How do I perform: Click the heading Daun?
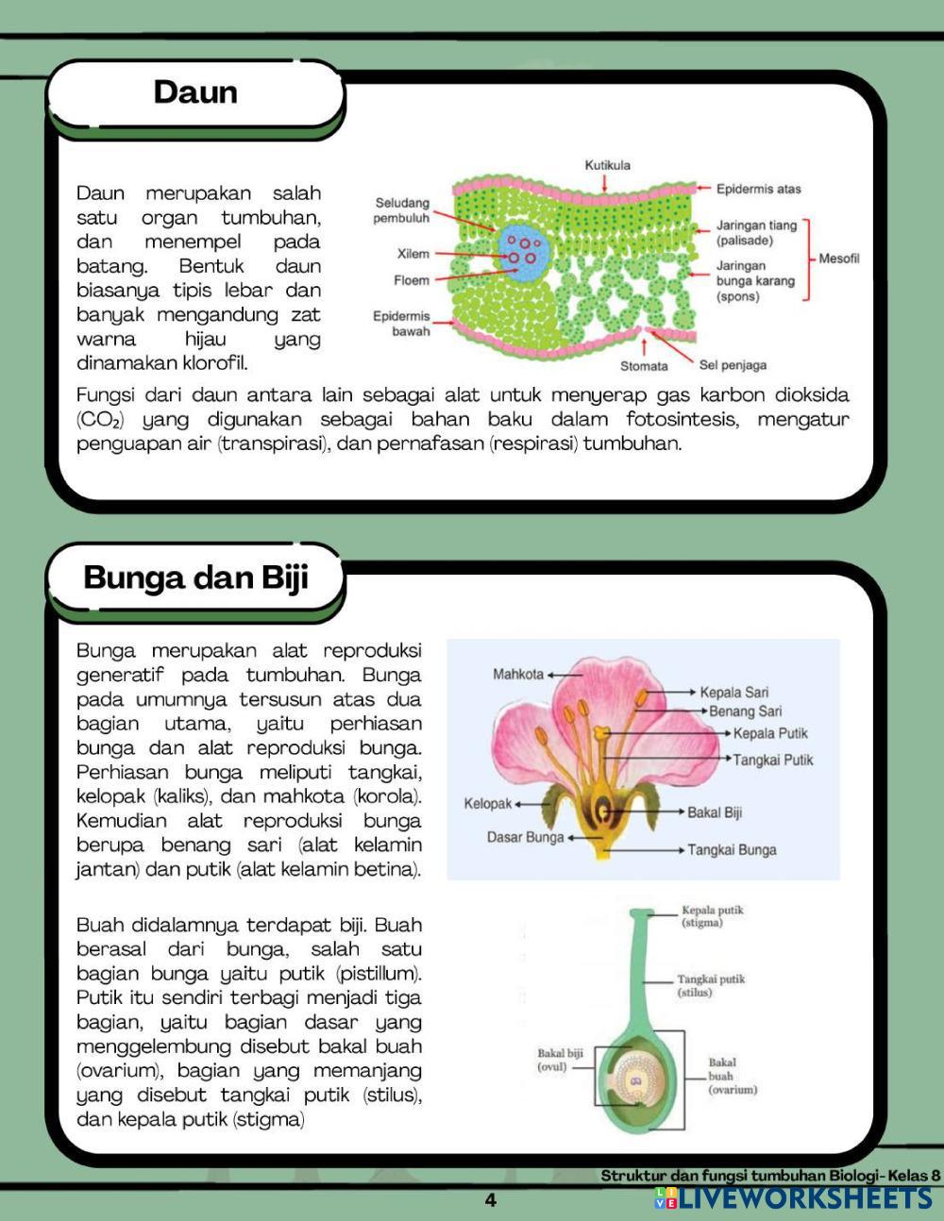click(x=195, y=92)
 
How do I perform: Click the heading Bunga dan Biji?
click(x=196, y=577)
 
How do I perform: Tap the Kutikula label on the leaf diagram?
click(x=607, y=165)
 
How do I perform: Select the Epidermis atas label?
click(x=758, y=189)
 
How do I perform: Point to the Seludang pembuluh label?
click(x=402, y=210)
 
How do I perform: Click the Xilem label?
click(x=413, y=254)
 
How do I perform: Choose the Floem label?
click(x=412, y=280)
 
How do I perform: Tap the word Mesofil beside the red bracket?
click(x=839, y=259)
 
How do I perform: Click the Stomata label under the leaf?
click(x=644, y=365)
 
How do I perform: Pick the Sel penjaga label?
click(x=733, y=365)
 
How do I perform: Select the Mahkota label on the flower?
click(x=518, y=674)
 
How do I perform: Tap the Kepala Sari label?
click(x=734, y=692)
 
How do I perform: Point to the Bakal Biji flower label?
click(x=715, y=811)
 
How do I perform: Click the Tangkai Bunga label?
click(x=732, y=849)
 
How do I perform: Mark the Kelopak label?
click(x=487, y=804)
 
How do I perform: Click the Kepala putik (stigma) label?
click(x=713, y=916)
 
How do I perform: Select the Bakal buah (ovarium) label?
click(x=733, y=1076)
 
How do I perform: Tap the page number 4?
click(x=490, y=1200)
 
